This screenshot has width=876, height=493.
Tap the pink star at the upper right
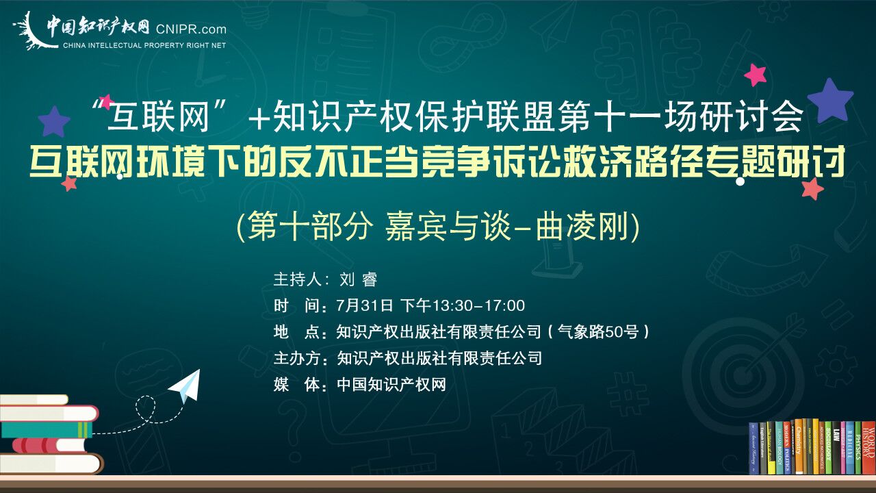(755, 75)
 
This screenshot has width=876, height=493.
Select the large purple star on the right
(830, 100)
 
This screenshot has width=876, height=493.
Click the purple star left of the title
(54, 121)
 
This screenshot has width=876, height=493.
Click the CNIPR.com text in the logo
(191, 29)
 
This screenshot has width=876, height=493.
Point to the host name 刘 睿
(358, 279)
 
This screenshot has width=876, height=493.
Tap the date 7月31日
(365, 305)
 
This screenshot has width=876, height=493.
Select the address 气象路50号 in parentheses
(597, 332)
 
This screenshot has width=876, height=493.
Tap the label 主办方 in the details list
(297, 358)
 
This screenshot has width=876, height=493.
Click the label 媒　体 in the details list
(297, 385)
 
